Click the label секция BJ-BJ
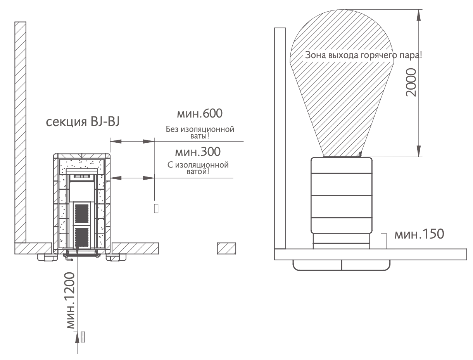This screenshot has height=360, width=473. click(x=83, y=122)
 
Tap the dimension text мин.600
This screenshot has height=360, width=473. click(x=200, y=114)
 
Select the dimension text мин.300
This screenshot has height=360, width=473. click(x=198, y=152)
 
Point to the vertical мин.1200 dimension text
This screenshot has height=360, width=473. click(x=71, y=301)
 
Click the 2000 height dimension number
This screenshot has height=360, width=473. click(x=411, y=83)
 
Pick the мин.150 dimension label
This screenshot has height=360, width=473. click(x=419, y=234)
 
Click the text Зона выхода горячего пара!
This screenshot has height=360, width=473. click(x=364, y=55)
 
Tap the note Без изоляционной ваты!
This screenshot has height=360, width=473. click(x=200, y=132)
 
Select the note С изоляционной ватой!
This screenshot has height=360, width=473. click(x=198, y=168)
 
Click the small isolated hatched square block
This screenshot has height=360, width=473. click(x=226, y=248)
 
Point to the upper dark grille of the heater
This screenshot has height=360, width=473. click(x=82, y=214)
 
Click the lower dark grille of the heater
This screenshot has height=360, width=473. click(x=82, y=237)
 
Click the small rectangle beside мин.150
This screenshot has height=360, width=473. click(x=383, y=241)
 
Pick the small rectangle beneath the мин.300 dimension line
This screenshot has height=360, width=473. click(x=156, y=208)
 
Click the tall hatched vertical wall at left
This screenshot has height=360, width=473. click(x=21, y=132)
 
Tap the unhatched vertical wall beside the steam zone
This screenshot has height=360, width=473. click(x=280, y=138)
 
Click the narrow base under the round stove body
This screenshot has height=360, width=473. click(x=341, y=241)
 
